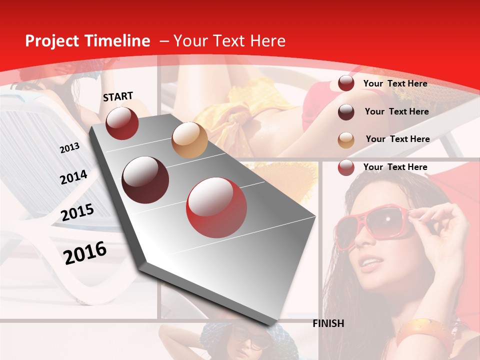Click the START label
118,96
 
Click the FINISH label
328,323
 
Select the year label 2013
69,147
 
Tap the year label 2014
73,177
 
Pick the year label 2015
77,212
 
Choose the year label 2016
85,252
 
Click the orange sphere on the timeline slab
189,140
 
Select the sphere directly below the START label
122,123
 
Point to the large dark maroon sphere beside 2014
145,179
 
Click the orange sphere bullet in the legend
346,140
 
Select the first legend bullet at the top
346,83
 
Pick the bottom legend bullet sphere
346,167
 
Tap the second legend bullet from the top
346,112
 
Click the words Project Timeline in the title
87,41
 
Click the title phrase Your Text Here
229,41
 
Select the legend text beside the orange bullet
397,139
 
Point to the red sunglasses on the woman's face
372,224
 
